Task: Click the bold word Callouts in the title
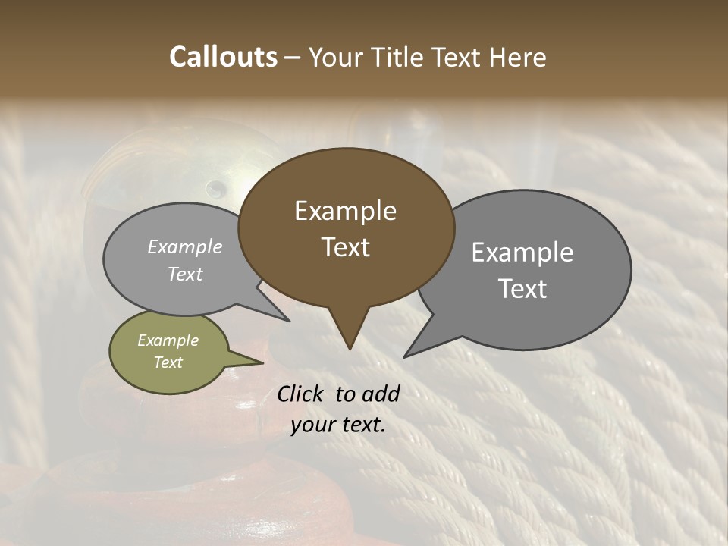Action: (x=223, y=57)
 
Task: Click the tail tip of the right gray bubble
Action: (x=409, y=353)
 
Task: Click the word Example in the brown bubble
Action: (x=345, y=211)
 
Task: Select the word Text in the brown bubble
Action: (x=346, y=247)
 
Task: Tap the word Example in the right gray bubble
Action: (x=522, y=253)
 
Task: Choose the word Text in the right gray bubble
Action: (x=522, y=289)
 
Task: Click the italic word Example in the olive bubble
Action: (x=168, y=340)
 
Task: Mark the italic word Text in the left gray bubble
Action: (x=185, y=274)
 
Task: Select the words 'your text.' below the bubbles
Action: (x=338, y=425)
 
